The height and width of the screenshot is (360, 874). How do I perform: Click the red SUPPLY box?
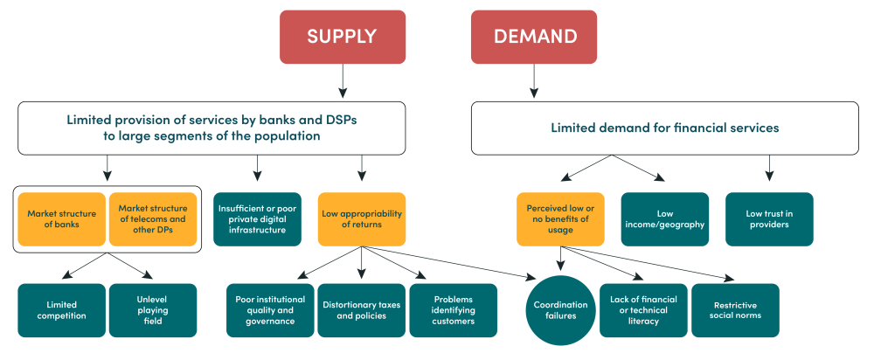pyautogui.click(x=341, y=37)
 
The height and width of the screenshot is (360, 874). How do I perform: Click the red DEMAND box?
pyautogui.click(x=534, y=37)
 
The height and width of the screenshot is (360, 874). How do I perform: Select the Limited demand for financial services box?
pyautogui.click(x=664, y=128)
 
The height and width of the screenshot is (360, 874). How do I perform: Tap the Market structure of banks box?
pyautogui.click(x=61, y=218)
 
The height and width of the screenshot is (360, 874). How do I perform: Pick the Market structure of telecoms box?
pyautogui.click(x=152, y=218)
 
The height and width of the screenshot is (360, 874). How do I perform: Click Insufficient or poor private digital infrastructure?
pyautogui.click(x=257, y=218)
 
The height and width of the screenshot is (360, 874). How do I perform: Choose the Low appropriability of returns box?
pyautogui.click(x=362, y=218)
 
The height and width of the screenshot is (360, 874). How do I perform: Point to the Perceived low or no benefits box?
pyautogui.click(x=560, y=218)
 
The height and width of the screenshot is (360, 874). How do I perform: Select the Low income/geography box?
pyautogui.click(x=665, y=218)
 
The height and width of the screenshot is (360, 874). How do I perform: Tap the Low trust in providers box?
pyautogui.click(x=769, y=218)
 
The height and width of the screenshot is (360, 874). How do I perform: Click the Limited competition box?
pyautogui.click(x=61, y=310)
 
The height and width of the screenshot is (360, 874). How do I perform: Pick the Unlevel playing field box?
pyautogui.click(x=152, y=310)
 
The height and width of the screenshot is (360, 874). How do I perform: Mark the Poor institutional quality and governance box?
pyautogui.click(x=270, y=310)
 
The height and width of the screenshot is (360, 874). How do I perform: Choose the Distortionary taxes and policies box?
pyautogui.click(x=361, y=310)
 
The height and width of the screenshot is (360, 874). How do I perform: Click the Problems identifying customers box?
pyautogui.click(x=453, y=310)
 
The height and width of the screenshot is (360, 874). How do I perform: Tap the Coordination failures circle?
pyautogui.click(x=561, y=310)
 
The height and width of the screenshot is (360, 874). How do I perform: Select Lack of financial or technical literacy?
pyautogui.click(x=643, y=310)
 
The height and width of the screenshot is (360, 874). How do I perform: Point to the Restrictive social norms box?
pyautogui.click(x=735, y=310)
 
